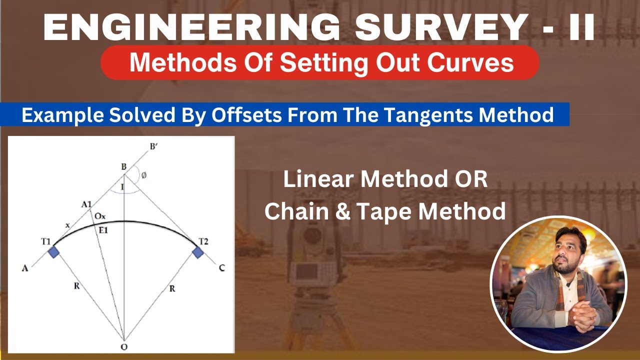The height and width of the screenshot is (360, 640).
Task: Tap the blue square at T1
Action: [53, 252]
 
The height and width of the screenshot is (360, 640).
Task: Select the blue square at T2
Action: [198, 252]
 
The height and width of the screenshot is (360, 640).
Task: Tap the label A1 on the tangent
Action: [86, 204]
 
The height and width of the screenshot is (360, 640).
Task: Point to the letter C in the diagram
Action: [221, 268]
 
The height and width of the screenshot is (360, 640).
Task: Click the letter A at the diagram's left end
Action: [24, 268]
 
